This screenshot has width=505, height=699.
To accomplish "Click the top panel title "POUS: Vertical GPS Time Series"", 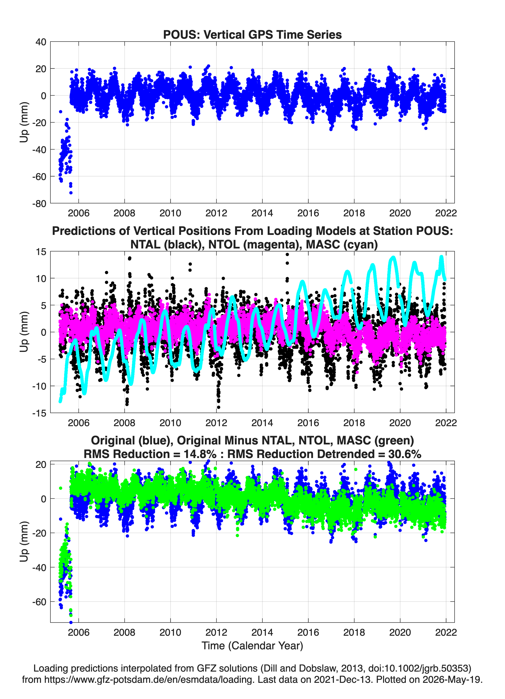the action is (252, 34).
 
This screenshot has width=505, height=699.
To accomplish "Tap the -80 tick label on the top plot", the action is (39, 204).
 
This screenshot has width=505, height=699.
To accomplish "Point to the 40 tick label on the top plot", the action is (41, 42).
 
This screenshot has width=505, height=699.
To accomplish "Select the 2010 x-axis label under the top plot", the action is (170, 213).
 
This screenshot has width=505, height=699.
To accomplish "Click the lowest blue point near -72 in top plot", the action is (71, 193).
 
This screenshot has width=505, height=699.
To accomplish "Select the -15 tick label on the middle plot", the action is (39, 413).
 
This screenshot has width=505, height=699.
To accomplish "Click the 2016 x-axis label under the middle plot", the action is (308, 423).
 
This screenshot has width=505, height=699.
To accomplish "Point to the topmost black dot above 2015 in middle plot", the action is (287, 255).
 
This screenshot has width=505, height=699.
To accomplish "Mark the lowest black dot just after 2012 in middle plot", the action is (219, 407).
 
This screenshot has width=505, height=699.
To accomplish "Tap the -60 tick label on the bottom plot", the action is (39, 602).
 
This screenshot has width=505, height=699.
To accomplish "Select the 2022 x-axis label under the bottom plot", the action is (446, 632).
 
